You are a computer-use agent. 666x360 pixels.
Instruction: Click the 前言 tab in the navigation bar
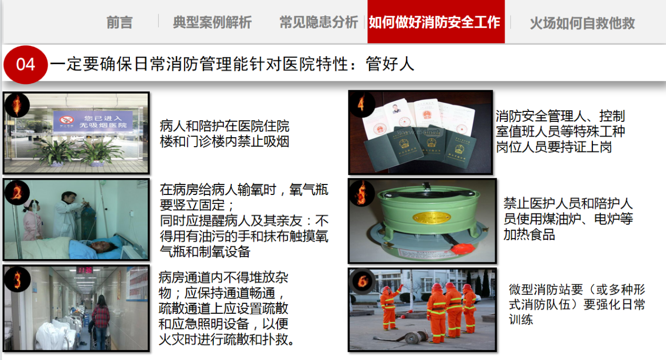click(119, 23)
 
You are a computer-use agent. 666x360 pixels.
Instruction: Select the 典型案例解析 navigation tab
click(212, 23)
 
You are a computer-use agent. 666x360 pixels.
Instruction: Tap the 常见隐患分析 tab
click(319, 23)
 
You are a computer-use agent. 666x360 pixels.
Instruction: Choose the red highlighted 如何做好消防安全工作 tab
click(436, 22)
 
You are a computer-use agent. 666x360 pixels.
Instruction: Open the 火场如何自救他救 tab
click(582, 23)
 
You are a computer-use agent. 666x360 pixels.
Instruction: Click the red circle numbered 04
click(26, 65)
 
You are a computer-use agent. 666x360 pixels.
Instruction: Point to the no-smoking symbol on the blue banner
click(67, 120)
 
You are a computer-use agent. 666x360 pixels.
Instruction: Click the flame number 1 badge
click(17, 105)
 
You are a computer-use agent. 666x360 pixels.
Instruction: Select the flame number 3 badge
click(17, 279)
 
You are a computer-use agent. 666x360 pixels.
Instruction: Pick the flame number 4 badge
click(362, 104)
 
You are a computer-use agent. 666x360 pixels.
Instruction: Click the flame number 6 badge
click(362, 281)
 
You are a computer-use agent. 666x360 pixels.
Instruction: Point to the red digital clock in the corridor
click(85, 270)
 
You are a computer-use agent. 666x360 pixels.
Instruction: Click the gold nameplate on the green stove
click(431, 218)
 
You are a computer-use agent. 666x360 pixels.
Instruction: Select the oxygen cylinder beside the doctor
click(88, 221)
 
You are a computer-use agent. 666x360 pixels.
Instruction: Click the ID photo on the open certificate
click(395, 109)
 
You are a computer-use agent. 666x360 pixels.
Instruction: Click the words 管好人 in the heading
click(390, 64)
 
